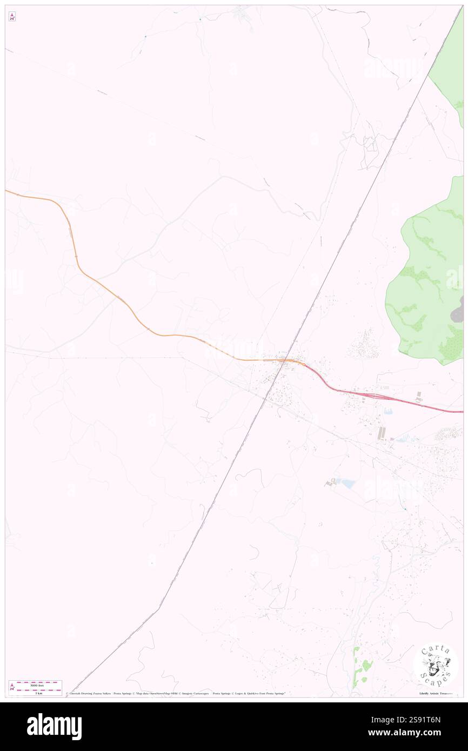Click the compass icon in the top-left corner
pos(12,16)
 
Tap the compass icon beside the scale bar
pos(12,687)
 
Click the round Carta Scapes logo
pos(436,664)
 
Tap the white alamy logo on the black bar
pos(54,726)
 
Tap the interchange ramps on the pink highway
pos(373,396)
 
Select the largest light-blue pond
pos(347,484)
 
